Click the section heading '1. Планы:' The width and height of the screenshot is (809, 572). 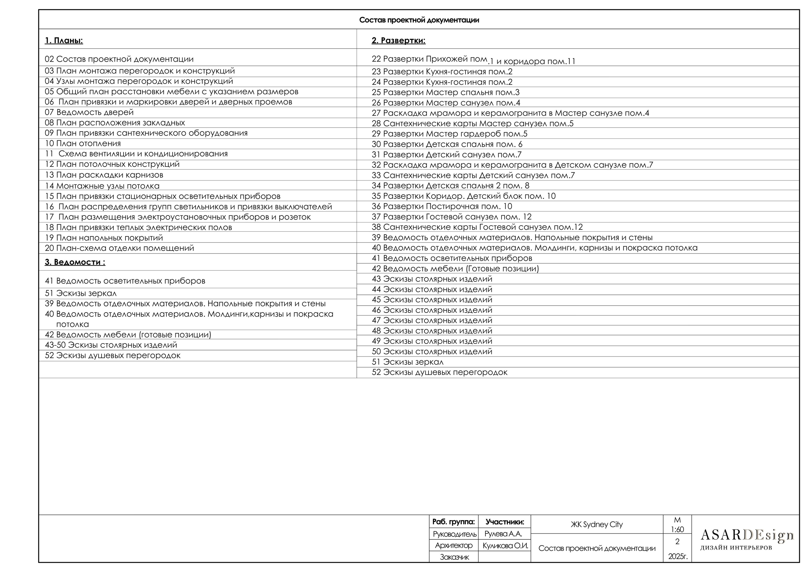(x=64, y=40)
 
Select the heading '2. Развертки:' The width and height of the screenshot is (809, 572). (x=398, y=40)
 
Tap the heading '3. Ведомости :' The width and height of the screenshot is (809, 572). (x=75, y=262)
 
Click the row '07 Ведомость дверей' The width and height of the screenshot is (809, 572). (x=89, y=113)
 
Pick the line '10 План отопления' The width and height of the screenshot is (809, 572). (x=83, y=143)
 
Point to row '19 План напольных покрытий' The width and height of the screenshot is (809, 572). (x=104, y=238)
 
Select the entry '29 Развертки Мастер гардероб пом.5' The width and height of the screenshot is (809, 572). (x=449, y=134)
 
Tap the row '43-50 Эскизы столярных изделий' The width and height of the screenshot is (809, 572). (x=111, y=345)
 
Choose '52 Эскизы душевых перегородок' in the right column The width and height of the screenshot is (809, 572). (x=439, y=372)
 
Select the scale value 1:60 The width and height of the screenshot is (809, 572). (x=677, y=529)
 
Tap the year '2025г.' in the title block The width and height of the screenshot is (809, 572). (x=678, y=557)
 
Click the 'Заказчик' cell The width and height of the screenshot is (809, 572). (x=454, y=557)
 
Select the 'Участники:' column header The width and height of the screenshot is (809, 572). (x=505, y=522)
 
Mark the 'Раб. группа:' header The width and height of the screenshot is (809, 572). (x=453, y=522)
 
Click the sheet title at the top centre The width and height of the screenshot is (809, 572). (x=419, y=20)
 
